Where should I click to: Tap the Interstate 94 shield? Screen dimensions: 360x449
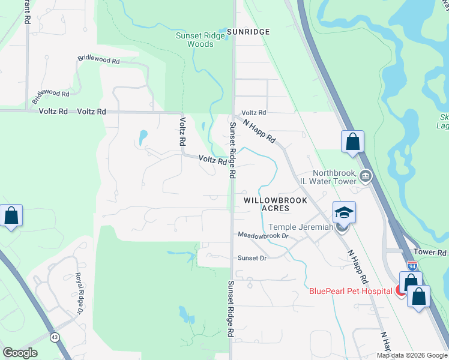(412, 265)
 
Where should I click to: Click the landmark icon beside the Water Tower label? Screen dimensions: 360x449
(366, 176)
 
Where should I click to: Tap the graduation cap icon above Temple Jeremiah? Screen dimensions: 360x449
(344, 212)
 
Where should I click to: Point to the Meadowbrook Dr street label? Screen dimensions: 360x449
(264, 236)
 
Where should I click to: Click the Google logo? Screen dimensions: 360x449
(20, 353)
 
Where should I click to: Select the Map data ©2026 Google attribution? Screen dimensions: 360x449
(412, 355)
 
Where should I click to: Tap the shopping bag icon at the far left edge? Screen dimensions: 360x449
(11, 215)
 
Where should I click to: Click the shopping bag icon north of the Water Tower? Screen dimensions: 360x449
(352, 142)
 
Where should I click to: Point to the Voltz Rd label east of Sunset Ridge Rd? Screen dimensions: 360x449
(253, 113)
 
